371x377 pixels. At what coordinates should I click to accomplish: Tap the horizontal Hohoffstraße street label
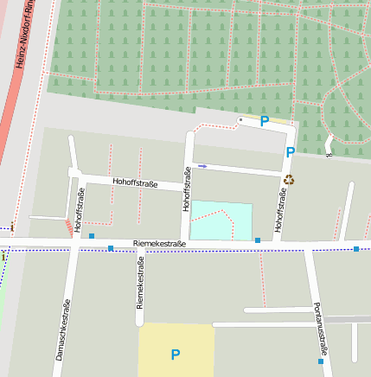coord(135,182)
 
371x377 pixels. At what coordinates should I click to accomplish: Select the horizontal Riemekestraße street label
coord(160,245)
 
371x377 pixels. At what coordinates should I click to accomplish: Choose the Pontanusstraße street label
coord(320,329)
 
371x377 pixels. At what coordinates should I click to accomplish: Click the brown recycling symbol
coord(289,179)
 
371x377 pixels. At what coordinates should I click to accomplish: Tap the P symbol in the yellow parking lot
coord(176,355)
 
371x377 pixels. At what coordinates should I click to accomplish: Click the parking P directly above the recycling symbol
coord(291,152)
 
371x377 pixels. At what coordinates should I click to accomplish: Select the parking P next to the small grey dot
coord(265,122)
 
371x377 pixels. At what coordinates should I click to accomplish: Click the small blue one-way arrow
coord(202,165)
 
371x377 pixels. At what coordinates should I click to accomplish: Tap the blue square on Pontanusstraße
coord(321,362)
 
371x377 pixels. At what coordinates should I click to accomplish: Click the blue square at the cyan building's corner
coord(257,240)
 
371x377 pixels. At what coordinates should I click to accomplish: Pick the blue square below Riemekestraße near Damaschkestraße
coord(111,248)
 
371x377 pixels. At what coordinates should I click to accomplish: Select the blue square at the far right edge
coord(356,249)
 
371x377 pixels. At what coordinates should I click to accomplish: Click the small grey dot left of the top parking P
coord(240,119)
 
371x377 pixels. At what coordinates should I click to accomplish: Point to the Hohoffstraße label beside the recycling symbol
coord(280,211)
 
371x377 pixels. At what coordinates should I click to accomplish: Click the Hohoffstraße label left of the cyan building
coord(186,189)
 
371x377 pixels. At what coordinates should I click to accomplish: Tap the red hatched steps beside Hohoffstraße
coord(68,227)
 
